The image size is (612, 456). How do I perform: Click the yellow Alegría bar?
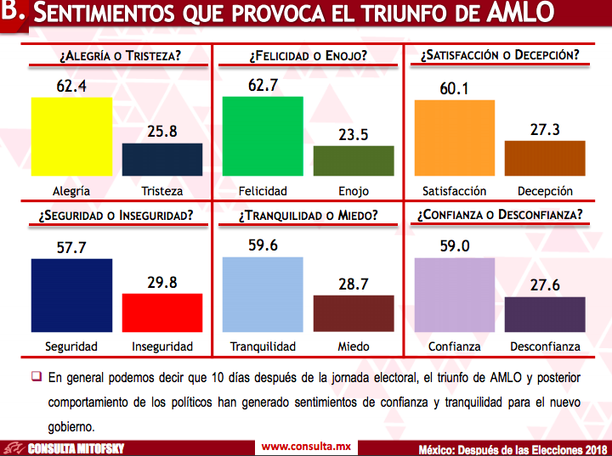pos(71,137)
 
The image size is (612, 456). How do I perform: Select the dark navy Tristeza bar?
pos(162,160)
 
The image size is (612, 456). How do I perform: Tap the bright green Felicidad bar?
pos(263,136)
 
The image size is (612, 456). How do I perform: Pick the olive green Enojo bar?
pos(354,160)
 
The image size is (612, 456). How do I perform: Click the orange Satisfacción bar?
pos(454,138)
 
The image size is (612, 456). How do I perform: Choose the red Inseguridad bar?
pos(162,312)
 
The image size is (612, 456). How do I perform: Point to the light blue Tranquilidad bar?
pos(263,294)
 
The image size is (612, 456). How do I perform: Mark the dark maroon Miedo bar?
pos(354,313)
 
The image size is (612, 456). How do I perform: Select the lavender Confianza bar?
pos(454,295)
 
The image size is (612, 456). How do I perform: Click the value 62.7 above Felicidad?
pos(263,85)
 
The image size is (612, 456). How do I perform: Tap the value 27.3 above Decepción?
pos(545,129)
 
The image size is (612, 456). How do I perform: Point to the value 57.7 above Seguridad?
pos(71,247)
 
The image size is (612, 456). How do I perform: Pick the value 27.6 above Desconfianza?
pos(545,285)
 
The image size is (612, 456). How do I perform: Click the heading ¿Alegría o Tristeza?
pos(120,56)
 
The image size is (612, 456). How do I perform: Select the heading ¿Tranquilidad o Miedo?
pos(308,215)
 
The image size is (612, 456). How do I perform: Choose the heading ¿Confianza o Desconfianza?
pos(500,215)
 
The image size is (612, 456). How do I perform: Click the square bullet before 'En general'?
pos(37,375)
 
